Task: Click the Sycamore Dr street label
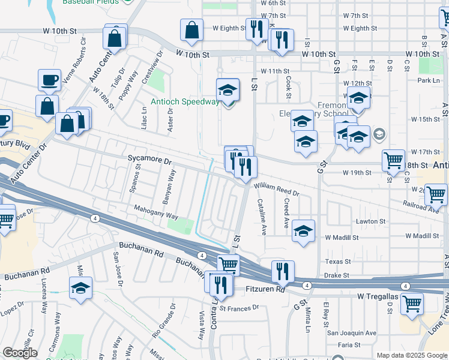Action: pyautogui.click(x=149, y=161)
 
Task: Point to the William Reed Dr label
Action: pyautogui.click(x=277, y=189)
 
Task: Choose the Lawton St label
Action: pyautogui.click(x=371, y=221)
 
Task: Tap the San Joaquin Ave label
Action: pyautogui.click(x=351, y=333)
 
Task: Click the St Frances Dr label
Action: pyautogui.click(x=239, y=308)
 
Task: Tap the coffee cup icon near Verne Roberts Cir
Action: pyautogui.click(x=49, y=79)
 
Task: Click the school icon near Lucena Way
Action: pyautogui.click(x=80, y=287)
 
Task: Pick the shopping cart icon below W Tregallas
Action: pyautogui.click(x=411, y=304)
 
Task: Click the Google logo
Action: pyautogui.click(x=19, y=353)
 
